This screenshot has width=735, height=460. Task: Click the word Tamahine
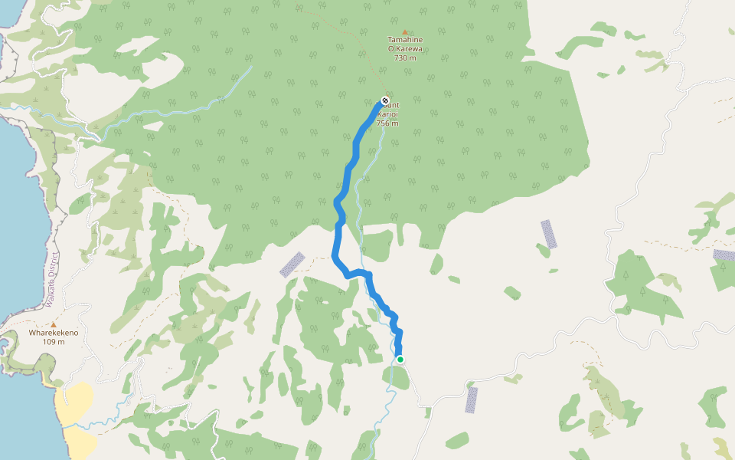tap(405, 40)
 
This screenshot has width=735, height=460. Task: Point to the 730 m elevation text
tap(405, 58)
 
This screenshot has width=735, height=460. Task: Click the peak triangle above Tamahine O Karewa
tap(405, 31)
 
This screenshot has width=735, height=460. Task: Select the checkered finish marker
tap(385, 100)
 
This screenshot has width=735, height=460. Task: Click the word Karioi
tap(388, 114)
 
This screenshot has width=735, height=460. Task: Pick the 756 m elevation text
tap(387, 123)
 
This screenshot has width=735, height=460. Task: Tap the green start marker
tap(400, 359)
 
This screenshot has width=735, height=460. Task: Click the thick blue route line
tap(338, 230)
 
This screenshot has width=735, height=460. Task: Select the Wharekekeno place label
tap(54, 333)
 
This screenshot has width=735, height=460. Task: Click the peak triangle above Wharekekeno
tap(54, 324)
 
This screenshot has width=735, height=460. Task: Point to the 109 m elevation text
tap(54, 342)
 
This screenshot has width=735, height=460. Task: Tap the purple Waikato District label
tap(53, 280)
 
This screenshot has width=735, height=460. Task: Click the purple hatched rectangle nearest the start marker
tap(472, 399)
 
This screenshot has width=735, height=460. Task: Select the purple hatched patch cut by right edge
tap(724, 255)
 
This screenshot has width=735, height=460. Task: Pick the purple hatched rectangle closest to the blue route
tap(292, 264)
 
